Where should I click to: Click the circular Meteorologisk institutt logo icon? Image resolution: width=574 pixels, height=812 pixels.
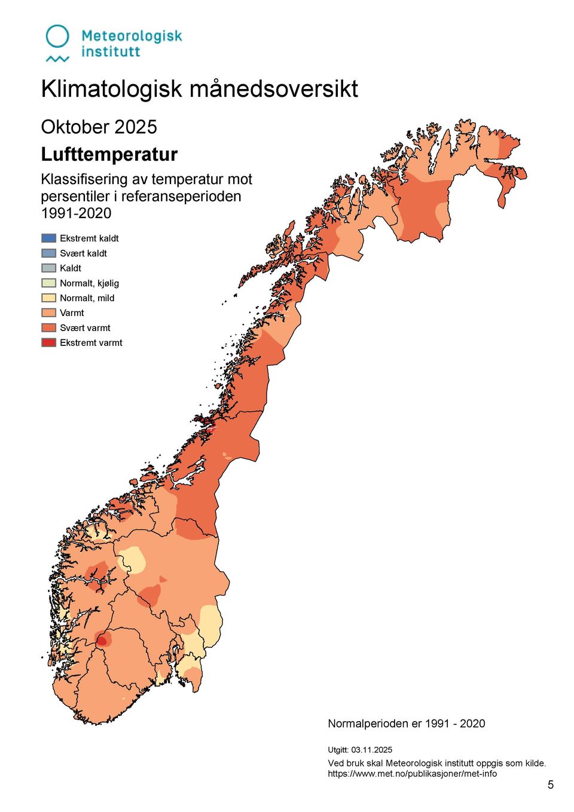coord(57,38)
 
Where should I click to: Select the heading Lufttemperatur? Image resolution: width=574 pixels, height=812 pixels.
coord(109,154)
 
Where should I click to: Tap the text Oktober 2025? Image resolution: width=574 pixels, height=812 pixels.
coord(99,127)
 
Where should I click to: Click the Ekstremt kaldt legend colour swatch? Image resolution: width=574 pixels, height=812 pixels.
coord(48,238)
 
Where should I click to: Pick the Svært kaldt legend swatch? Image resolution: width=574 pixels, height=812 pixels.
coord(48,253)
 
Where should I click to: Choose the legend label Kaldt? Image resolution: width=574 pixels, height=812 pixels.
coord(71,268)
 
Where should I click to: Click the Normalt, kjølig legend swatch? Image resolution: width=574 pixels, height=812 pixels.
coord(48,283)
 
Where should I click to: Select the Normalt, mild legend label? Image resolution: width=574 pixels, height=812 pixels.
coord(87,298)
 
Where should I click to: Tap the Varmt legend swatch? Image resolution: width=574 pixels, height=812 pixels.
coord(48,312)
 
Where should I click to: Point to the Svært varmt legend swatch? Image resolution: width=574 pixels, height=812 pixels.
coord(48,327)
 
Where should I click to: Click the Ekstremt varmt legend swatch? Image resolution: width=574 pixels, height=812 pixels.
coord(48,342)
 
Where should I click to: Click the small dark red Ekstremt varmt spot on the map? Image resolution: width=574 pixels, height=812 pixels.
coord(102,642)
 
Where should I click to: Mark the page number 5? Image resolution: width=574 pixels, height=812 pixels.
coord(550,785)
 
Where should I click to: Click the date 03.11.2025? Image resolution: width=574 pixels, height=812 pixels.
coord(371,750)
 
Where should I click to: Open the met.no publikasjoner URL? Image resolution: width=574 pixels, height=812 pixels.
coord(412,774)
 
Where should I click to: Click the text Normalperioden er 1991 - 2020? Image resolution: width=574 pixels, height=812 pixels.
coord(406,724)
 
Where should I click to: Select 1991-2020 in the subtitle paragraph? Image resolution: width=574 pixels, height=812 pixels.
coord(76,213)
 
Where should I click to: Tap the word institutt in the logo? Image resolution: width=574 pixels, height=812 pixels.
coord(111,52)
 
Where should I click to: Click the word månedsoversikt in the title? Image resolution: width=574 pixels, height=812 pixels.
coord(274,89)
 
